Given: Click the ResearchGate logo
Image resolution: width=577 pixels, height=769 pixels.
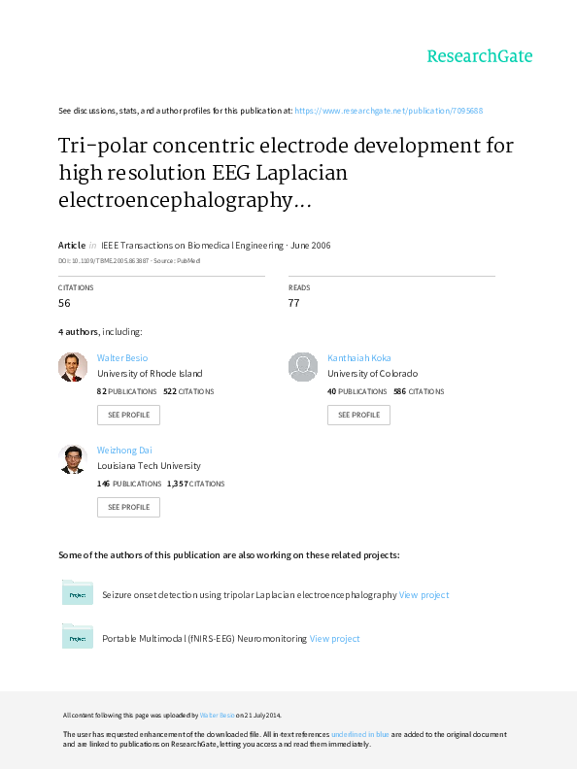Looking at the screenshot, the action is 479,56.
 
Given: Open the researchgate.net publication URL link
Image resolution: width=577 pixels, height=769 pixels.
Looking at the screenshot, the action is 389,111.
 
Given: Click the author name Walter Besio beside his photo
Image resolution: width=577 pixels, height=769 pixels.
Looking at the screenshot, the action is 122,358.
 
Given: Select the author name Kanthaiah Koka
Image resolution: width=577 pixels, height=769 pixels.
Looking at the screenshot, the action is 359,358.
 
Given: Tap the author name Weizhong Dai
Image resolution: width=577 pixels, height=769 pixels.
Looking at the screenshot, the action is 124,451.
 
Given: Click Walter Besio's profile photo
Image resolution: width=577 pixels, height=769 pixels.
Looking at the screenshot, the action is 73,367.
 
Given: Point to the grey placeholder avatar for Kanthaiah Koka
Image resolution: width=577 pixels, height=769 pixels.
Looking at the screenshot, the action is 303,367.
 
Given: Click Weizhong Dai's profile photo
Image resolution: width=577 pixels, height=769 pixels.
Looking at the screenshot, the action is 73,459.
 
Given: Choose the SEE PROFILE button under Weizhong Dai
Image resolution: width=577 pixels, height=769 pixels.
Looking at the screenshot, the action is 128,507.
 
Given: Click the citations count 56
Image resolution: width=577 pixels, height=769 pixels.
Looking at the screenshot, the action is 64,303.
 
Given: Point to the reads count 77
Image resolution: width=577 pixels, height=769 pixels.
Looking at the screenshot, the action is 294,303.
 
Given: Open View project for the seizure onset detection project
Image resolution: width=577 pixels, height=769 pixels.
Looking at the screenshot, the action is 424,595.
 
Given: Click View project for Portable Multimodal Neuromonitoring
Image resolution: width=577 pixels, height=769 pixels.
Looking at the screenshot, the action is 334,639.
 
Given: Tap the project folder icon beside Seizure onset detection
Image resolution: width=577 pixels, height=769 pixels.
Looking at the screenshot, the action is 78,592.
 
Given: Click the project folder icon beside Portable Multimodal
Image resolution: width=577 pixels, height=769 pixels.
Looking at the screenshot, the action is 78,636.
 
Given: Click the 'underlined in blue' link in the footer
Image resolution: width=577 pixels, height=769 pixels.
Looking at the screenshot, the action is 360,734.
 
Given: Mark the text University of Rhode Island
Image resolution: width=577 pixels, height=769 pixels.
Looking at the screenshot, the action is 150,374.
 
